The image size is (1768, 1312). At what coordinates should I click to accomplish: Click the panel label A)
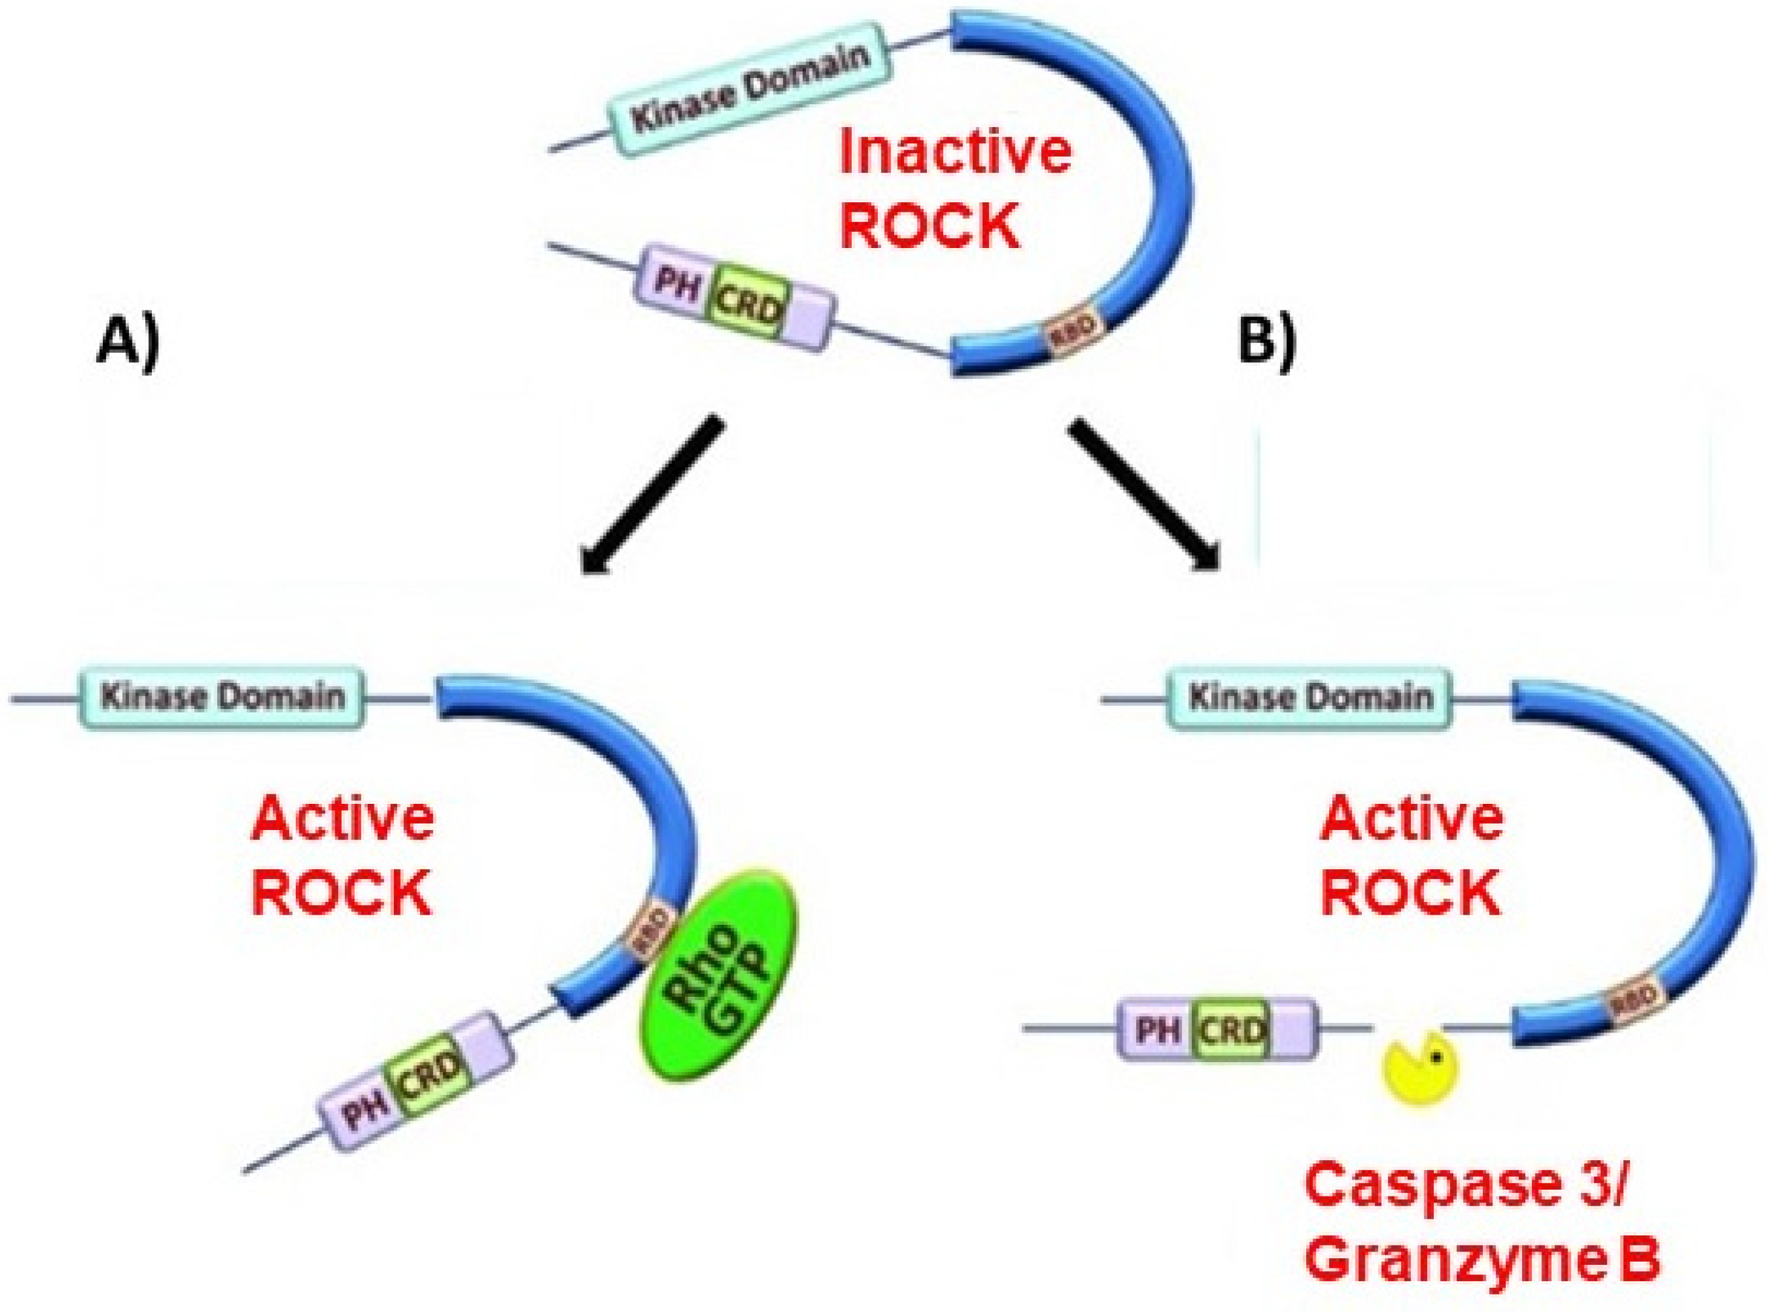[127, 344]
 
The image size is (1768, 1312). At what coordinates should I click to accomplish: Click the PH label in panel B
[1156, 1031]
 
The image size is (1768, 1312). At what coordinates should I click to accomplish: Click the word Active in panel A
[342, 819]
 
